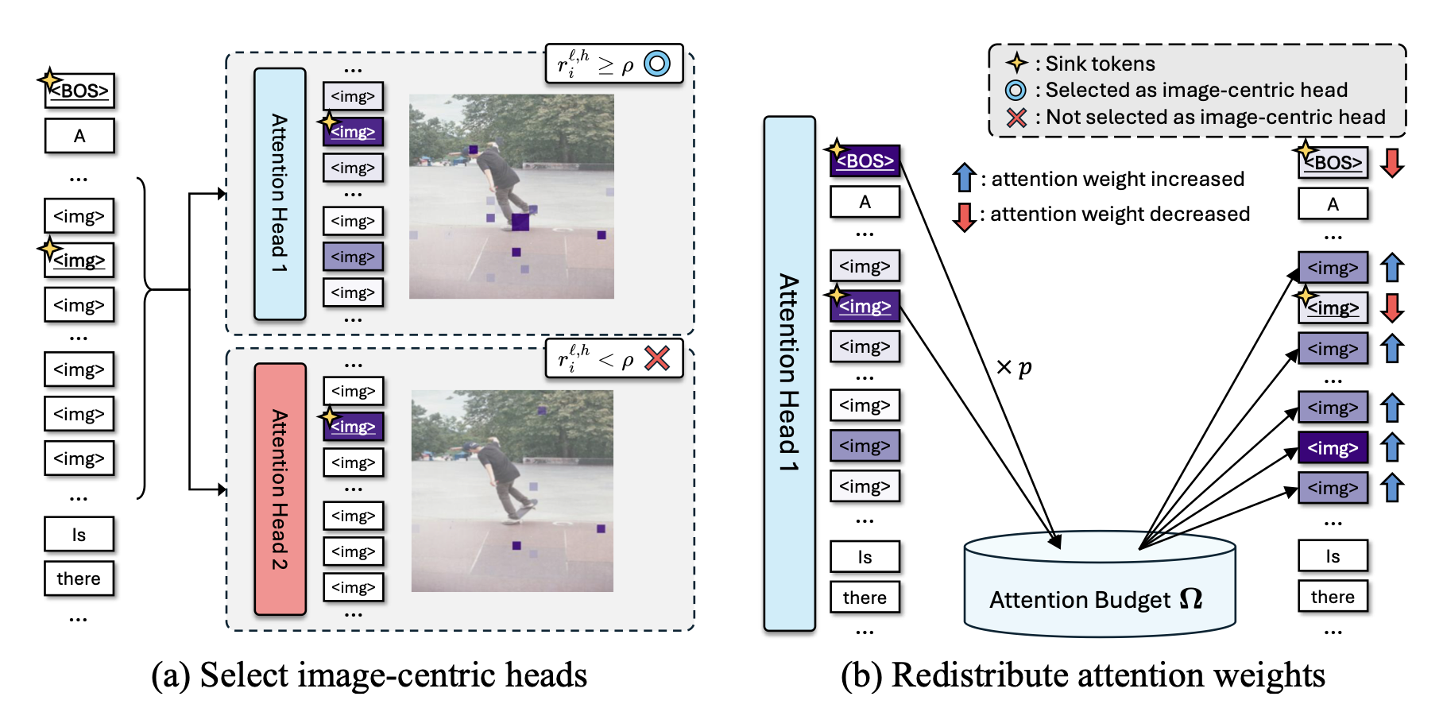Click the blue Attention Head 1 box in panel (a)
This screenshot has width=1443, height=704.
pos(280,194)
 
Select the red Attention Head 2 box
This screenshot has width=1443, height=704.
pos(280,489)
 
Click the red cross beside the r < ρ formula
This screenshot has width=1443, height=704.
pos(657,358)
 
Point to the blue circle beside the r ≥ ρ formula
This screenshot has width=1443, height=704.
pos(657,64)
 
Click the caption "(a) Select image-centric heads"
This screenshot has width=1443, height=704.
pos(369,675)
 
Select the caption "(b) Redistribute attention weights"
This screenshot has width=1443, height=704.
pos(1083,675)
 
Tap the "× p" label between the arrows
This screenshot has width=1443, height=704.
pos(1014,367)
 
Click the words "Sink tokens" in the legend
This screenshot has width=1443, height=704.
pos(1100,64)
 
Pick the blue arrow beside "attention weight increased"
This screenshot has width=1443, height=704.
pos(964,177)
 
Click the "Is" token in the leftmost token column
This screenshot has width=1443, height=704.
pos(79,535)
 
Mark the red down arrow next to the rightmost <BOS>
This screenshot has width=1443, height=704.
pos(1392,162)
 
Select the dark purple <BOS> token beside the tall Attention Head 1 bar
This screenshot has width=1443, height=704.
pos(865,161)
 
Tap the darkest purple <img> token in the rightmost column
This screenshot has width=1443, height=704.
pos(1333,448)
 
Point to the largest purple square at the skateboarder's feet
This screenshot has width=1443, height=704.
pos(520,222)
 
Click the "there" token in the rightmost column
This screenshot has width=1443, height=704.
pos(1333,597)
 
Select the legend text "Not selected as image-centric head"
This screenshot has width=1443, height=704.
pos(1215,117)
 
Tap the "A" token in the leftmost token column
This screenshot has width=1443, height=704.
pos(79,136)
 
